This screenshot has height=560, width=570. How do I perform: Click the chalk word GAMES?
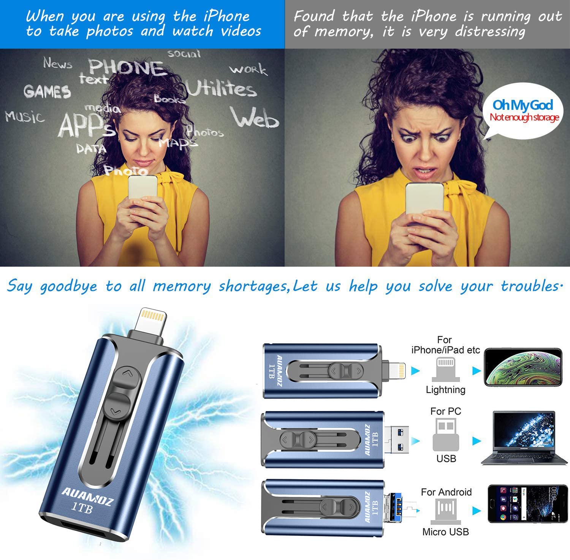47,92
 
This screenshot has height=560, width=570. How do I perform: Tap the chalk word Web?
255,117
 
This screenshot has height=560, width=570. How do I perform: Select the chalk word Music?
25,116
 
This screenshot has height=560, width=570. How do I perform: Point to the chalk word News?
57,63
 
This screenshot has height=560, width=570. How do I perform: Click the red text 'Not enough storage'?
524,117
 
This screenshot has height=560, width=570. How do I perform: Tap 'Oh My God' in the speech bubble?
522,104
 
